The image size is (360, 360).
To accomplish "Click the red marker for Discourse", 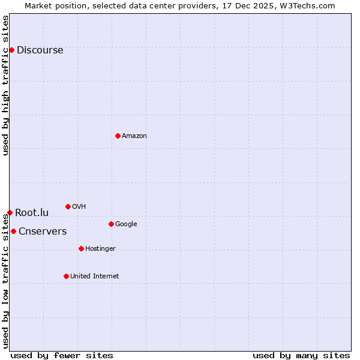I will tap(11, 50).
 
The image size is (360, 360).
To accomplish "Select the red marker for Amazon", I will tap(118, 136).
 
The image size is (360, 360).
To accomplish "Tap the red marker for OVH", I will tap(68, 206).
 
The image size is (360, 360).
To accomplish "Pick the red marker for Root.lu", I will tap(10, 212).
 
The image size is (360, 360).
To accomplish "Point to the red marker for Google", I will tap(111, 224).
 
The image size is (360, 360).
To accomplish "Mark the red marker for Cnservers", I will tap(13, 231).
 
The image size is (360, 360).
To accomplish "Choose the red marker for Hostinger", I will tap(81, 248).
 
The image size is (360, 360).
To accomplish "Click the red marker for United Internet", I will tap(66, 276).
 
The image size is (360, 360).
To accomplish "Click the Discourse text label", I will tap(40, 50).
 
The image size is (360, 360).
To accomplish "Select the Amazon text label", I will tap(134, 136).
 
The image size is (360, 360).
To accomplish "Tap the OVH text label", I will tap(79, 207).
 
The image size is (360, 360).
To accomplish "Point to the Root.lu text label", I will tap(32, 213).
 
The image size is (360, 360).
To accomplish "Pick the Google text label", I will tap(126, 224).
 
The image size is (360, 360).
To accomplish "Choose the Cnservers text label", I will tap(43, 232).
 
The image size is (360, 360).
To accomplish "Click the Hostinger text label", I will tap(100, 249).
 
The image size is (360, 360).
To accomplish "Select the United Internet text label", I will tap(94, 277).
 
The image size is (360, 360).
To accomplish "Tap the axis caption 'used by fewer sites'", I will tap(62, 355).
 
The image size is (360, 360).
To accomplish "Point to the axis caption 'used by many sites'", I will tap(301, 355).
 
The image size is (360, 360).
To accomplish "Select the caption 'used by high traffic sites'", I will tap(6, 85).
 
